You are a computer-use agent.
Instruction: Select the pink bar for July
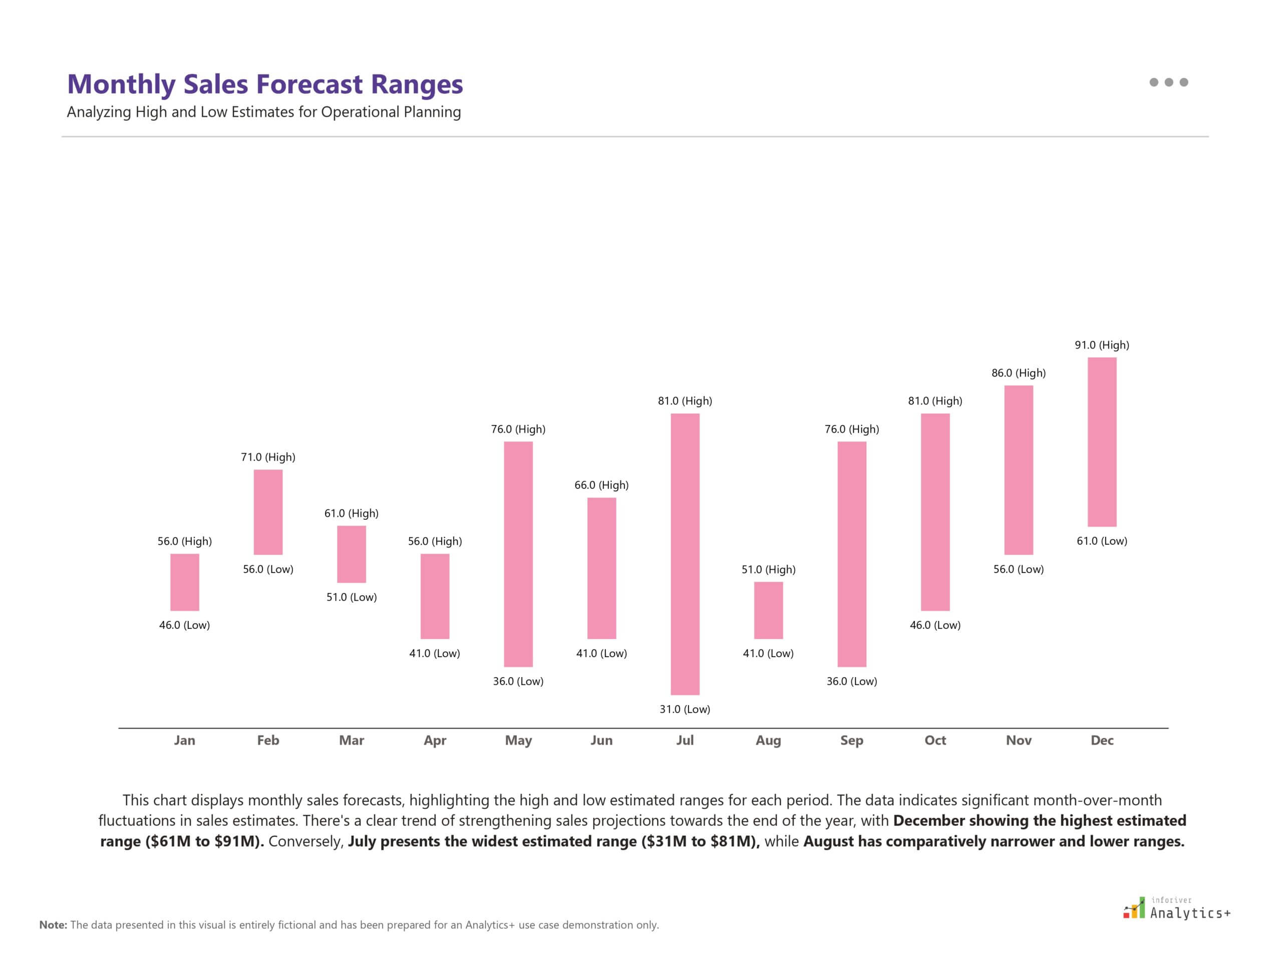tap(685, 554)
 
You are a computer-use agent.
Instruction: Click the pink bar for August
tap(768, 610)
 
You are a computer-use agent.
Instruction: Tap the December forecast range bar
tap(1102, 442)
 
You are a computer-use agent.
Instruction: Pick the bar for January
tap(184, 582)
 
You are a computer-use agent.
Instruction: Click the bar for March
tap(352, 554)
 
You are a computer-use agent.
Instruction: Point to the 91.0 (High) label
tap(1102, 345)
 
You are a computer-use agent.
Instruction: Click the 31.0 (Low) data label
tap(685, 709)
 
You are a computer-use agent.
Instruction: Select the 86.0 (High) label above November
tap(1018, 373)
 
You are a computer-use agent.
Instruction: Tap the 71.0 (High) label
tap(268, 457)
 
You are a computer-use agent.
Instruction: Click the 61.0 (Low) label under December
tap(1102, 541)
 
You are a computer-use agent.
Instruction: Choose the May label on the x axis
tap(518, 740)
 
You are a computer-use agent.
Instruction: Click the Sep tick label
tap(851, 740)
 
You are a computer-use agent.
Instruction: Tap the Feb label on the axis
tap(268, 740)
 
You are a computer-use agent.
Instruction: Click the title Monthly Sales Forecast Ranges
tap(265, 84)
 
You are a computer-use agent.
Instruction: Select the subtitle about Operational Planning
tap(264, 112)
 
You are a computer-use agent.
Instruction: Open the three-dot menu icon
tap(1168, 82)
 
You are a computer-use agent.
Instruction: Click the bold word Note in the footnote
tap(53, 925)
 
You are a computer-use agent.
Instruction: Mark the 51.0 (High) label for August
tap(768, 569)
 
